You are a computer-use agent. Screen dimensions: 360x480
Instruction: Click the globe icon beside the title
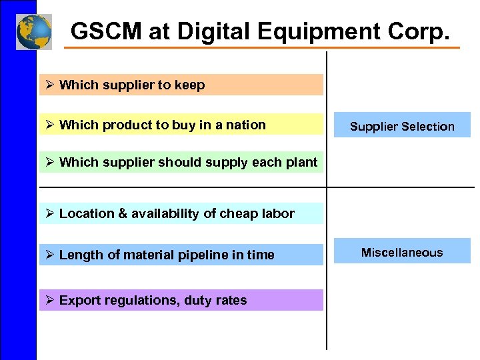coord(34,32)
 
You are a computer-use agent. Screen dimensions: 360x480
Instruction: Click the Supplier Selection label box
coord(402,126)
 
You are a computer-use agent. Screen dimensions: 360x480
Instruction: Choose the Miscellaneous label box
coord(402,252)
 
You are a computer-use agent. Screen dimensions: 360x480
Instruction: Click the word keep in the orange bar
coord(189,85)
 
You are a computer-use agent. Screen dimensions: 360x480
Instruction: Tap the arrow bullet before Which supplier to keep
coord(49,85)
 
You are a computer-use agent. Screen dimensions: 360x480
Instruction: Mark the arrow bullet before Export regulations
coord(49,300)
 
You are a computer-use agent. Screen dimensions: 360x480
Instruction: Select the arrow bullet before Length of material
coord(49,255)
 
